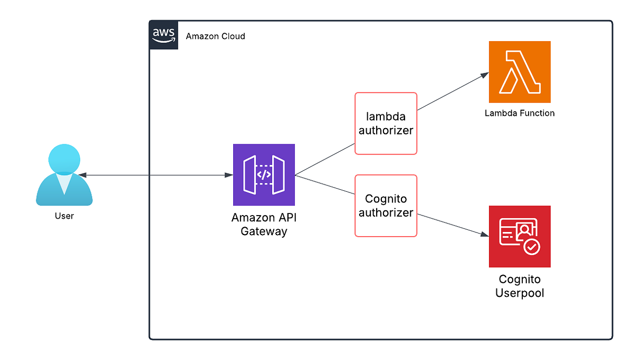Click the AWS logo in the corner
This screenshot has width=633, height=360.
pos(164,35)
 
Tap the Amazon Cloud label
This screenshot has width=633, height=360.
pos(215,36)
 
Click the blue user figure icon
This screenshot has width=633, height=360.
pos(64,176)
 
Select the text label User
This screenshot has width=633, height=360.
pos(64,216)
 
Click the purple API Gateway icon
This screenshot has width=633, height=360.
pos(264,174)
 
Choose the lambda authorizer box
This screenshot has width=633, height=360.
pos(386,123)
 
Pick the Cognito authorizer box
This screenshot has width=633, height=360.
pos(386,206)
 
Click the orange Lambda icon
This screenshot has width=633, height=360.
pos(520,72)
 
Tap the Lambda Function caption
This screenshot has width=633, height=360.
pos(520,113)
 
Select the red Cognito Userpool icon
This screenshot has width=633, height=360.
pos(520,236)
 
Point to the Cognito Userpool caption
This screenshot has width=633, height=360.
pos(520,286)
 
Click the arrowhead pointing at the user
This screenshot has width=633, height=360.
pos(84,175)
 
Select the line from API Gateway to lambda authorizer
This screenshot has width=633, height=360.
pos(324,159)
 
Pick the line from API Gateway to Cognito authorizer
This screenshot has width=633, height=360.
pos(324,186)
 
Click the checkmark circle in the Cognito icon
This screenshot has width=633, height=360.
pos(531,247)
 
